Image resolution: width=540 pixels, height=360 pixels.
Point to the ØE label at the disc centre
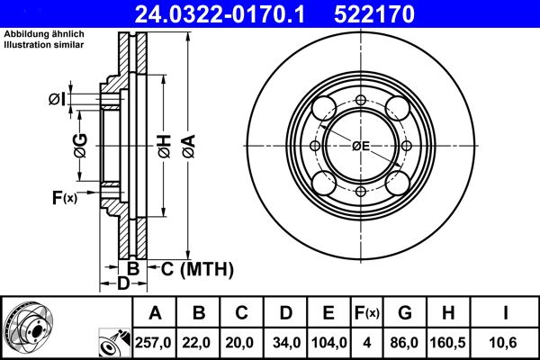click(x=361, y=146)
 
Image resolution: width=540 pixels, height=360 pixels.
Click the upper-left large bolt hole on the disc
click(x=321, y=107)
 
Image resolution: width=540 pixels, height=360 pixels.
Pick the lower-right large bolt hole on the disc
click(x=400, y=184)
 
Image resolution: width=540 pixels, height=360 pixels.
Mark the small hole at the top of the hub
click(x=361, y=100)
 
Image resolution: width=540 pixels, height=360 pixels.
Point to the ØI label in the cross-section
click(x=56, y=98)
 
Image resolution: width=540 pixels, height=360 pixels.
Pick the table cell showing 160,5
click(x=447, y=341)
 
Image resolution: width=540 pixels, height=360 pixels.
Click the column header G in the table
click(x=405, y=313)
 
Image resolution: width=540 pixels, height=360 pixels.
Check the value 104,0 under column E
click(x=329, y=341)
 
